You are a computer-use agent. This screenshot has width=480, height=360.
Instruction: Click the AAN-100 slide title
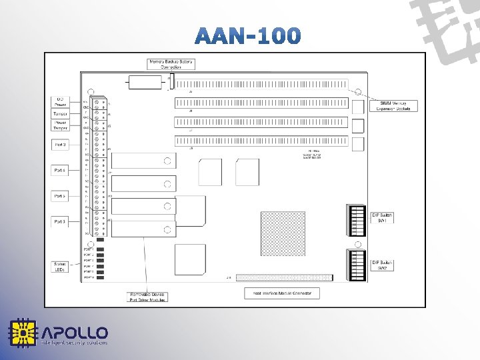tap(249, 35)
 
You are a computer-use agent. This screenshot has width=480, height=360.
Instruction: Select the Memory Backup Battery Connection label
tap(171, 64)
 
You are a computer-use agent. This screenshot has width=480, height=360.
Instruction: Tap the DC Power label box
tap(60, 101)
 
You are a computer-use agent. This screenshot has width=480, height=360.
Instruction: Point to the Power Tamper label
tap(60, 125)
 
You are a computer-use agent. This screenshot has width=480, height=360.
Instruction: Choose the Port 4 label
tap(60, 171)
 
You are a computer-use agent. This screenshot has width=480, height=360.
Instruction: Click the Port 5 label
tap(60, 196)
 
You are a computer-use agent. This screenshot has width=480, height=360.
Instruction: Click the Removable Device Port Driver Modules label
tap(147, 296)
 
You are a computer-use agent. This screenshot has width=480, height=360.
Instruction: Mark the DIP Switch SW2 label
tap(383, 265)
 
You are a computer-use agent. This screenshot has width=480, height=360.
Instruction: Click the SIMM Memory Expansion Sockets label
tap(395, 105)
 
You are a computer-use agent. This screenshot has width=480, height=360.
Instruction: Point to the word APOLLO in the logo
tap(75, 332)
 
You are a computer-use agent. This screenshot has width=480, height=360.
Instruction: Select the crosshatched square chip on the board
tap(282, 233)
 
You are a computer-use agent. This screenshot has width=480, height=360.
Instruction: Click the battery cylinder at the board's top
tap(145, 82)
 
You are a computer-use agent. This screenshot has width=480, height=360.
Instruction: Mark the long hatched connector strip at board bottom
tap(283, 277)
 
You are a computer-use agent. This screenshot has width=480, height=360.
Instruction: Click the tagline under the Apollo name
tap(74, 343)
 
